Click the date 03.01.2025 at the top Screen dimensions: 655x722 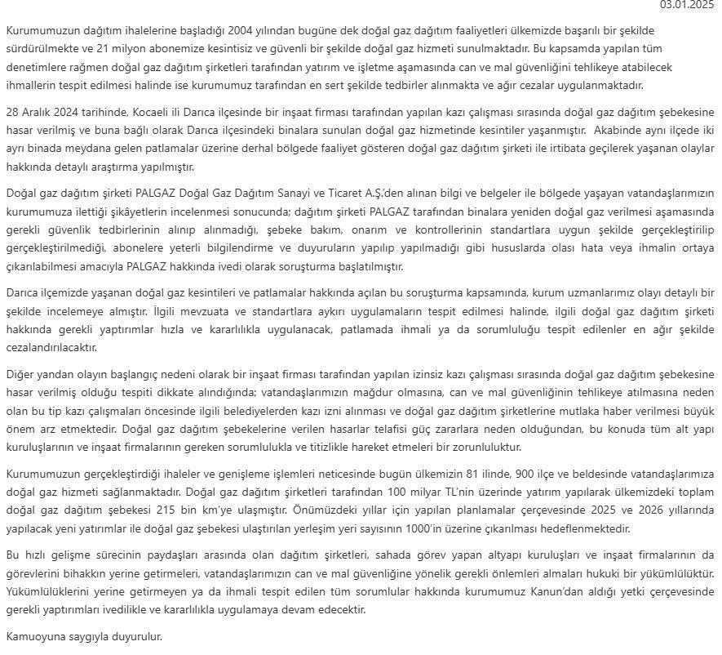click(691, 6)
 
